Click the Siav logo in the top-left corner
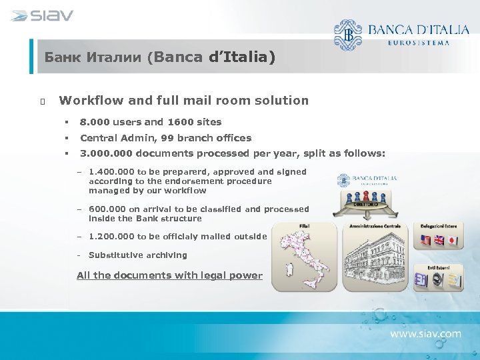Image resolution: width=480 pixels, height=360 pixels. click(x=42, y=15)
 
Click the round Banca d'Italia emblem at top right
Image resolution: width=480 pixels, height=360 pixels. click(x=347, y=34)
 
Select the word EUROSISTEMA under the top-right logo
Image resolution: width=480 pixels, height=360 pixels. click(x=418, y=42)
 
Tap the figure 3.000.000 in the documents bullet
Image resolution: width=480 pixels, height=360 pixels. click(x=105, y=153)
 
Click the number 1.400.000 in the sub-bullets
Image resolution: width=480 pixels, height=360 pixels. click(x=111, y=172)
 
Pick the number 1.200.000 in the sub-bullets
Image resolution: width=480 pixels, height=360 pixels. click(x=111, y=237)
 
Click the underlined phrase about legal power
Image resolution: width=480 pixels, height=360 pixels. click(x=169, y=275)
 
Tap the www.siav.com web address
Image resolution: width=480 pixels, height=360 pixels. click(x=425, y=333)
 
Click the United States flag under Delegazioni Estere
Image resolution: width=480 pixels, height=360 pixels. click(x=424, y=241)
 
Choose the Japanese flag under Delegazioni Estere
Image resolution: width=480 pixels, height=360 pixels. click(x=451, y=241)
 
